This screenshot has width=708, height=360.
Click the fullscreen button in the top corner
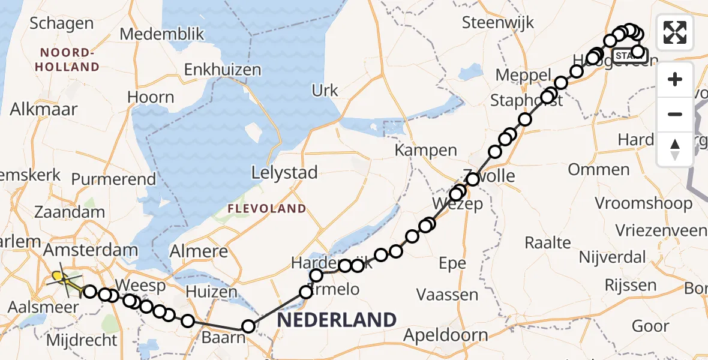[675, 32]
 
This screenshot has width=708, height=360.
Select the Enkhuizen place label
[223, 70]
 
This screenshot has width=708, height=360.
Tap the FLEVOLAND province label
[266, 209]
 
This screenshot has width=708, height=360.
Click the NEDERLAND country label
[337, 319]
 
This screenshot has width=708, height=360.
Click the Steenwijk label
[490, 22]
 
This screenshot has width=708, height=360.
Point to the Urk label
[325, 91]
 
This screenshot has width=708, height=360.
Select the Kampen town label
[426, 151]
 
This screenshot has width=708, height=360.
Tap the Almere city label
[199, 251]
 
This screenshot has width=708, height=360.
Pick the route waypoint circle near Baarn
[248, 326]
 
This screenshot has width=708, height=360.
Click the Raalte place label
[548, 243]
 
